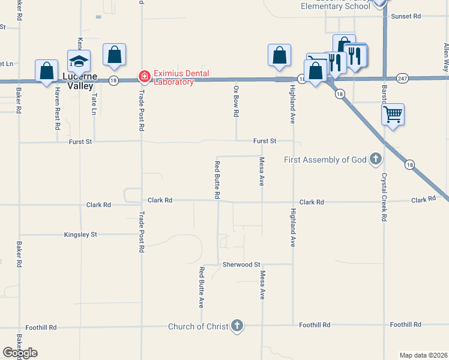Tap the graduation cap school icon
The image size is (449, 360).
(79, 61)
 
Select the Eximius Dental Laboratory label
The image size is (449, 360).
(181, 77)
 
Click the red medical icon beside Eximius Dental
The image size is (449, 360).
(144, 77)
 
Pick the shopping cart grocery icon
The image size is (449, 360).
(393, 113)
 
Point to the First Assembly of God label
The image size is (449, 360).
(325, 160)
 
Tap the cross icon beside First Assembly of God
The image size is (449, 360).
(376, 160)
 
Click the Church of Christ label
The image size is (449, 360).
(198, 326)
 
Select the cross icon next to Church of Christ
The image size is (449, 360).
(237, 326)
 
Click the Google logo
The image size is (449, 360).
(20, 352)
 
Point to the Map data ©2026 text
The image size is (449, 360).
(423, 355)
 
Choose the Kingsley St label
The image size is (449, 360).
(80, 235)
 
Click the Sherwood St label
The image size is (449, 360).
(241, 264)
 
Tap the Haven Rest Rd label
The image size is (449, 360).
(58, 109)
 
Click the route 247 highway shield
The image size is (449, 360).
(403, 78)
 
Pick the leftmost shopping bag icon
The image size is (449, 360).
(47, 71)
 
